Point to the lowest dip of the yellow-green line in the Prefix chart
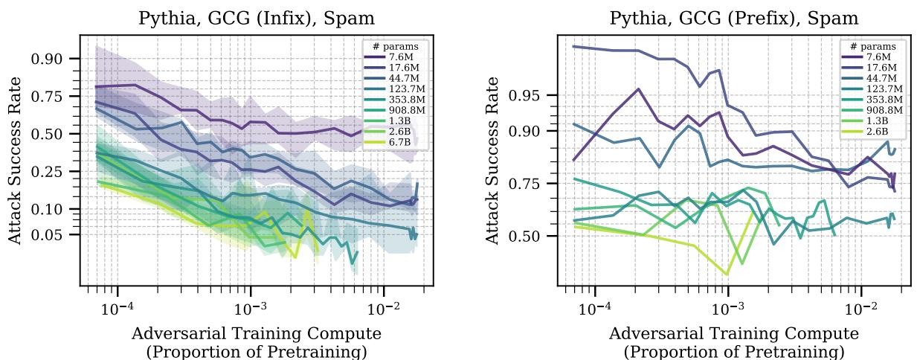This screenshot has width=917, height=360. [727, 274]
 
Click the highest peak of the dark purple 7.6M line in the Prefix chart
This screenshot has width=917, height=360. [638, 89]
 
